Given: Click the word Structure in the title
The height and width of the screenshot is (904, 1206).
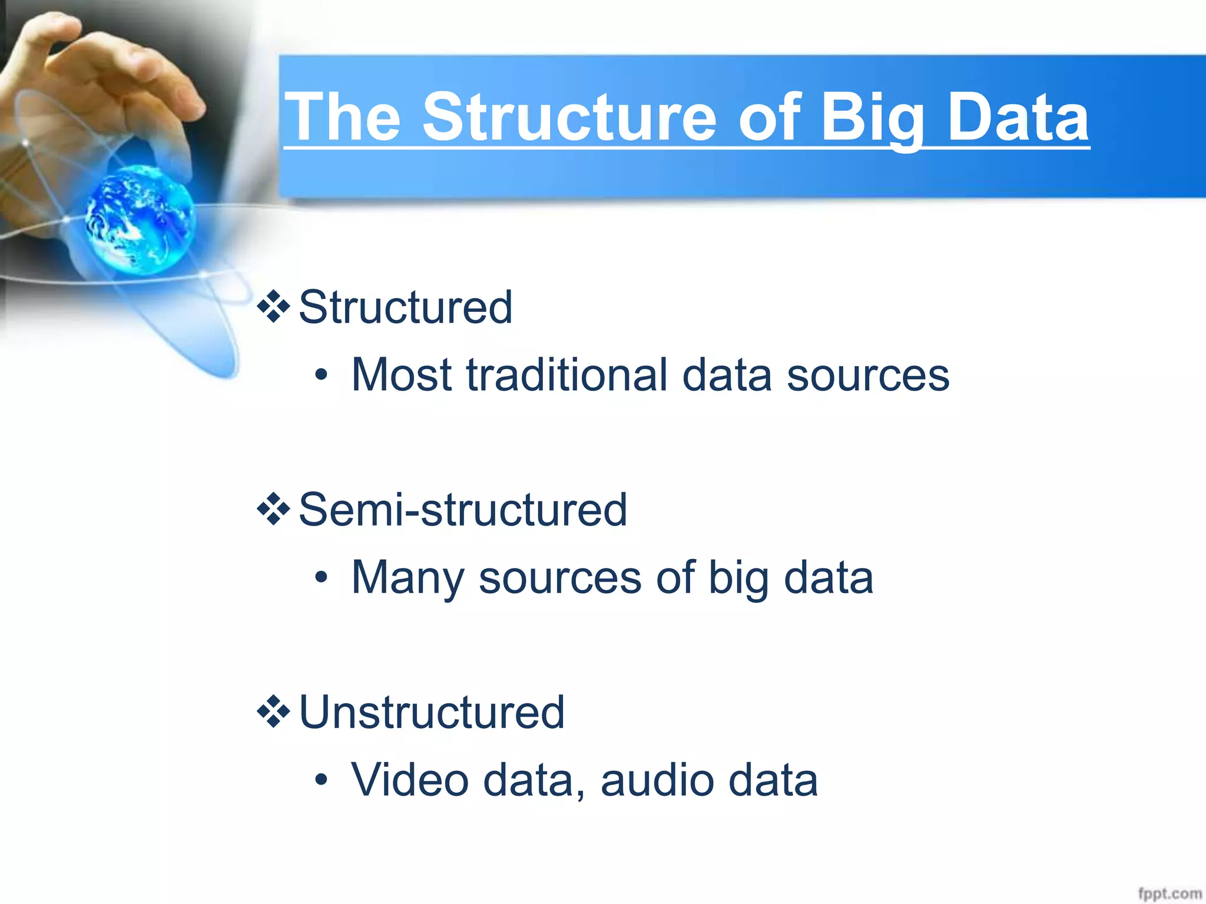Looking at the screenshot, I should click(569, 118).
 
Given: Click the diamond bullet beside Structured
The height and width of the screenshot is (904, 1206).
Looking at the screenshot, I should click(274, 307).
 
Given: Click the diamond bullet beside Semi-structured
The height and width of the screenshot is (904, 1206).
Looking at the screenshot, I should click(274, 509).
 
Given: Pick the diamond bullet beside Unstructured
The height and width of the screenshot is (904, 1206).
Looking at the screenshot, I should click(274, 712).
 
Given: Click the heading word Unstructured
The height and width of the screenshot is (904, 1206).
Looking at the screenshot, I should click(432, 712).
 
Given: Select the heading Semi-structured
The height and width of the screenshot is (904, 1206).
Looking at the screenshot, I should click(463, 510).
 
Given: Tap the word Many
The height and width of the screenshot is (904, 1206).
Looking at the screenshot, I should click(407, 578).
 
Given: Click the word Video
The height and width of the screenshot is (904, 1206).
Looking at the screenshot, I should click(410, 780).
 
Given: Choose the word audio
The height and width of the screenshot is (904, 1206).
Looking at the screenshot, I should click(657, 780).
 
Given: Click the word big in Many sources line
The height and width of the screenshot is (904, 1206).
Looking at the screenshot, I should click(738, 578).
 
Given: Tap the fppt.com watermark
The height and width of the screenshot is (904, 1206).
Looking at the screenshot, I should click(1169, 893).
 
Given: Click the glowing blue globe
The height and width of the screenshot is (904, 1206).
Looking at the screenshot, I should click(140, 220).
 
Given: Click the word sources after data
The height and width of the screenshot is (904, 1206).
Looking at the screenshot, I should click(868, 375).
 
